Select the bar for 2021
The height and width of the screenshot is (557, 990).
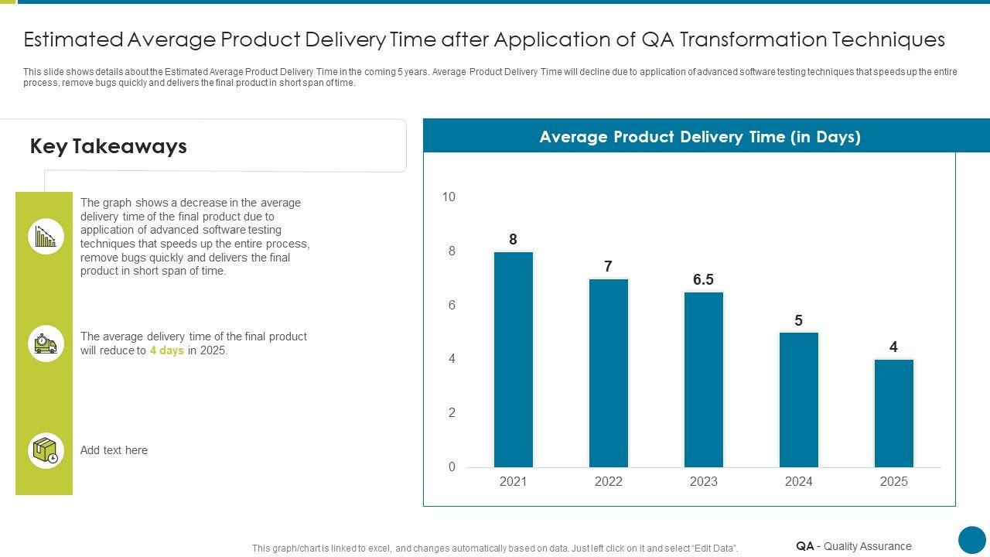[514, 360]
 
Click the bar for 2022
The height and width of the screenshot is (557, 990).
[609, 373]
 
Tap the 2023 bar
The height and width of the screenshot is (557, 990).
[704, 380]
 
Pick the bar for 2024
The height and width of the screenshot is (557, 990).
[799, 400]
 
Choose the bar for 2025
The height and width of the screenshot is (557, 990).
[894, 413]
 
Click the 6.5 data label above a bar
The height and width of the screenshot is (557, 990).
[703, 280]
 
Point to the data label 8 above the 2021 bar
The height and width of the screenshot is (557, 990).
[513, 240]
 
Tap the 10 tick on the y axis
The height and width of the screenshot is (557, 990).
[449, 197]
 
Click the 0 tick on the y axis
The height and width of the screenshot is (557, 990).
[452, 467]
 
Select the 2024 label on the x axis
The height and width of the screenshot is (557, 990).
[799, 482]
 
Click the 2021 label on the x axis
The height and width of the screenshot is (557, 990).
[513, 482]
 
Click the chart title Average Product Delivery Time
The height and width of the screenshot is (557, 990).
[700, 137]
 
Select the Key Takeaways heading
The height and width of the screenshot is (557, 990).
[108, 146]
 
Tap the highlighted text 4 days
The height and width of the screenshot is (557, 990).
[167, 350]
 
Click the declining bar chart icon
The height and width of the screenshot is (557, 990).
[46, 236]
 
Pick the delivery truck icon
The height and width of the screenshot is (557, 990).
[46, 343]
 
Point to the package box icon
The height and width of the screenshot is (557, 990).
[46, 450]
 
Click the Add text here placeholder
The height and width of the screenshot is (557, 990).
[114, 450]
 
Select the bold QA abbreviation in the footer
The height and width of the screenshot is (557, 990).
[804, 546]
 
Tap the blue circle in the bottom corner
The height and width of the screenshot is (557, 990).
[972, 540]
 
